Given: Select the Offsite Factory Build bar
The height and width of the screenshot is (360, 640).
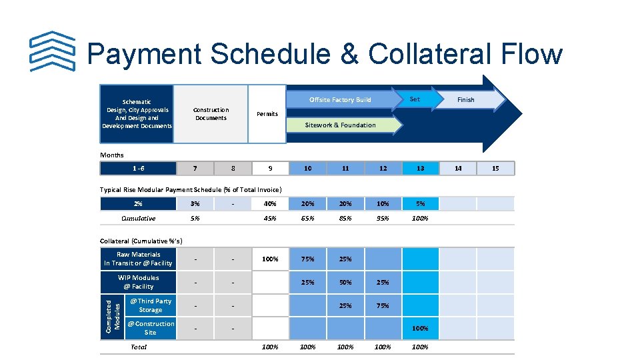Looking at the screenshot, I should tap(340, 100).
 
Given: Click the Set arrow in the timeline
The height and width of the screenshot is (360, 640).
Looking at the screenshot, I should tap(415, 99).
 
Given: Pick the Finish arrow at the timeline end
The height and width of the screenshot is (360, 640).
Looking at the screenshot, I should tap(466, 100).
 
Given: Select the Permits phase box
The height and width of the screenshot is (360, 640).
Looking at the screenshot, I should tap(267, 114).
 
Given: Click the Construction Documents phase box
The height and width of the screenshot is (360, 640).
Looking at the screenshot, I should tap(211, 114).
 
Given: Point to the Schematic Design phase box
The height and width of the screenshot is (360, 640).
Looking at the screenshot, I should tap(137, 114).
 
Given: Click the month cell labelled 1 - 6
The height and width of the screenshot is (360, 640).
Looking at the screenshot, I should tap(137, 169).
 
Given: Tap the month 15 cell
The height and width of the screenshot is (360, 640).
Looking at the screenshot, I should tap(495, 169).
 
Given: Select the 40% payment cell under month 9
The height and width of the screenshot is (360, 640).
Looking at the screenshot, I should tap(270, 204).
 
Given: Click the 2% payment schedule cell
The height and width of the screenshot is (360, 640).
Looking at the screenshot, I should tap(137, 204).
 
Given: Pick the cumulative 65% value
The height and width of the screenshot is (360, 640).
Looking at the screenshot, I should tap(307, 219).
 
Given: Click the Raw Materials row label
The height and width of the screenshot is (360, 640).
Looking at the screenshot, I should tap(138, 259).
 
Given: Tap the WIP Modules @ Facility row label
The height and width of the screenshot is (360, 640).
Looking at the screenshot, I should tap(138, 282).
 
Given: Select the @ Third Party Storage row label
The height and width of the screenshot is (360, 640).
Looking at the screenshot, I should tap(150, 305).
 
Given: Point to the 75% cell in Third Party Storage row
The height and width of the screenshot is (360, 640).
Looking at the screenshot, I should tap(383, 306).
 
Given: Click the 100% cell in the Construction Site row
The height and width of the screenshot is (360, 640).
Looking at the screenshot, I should tap(420, 328).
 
